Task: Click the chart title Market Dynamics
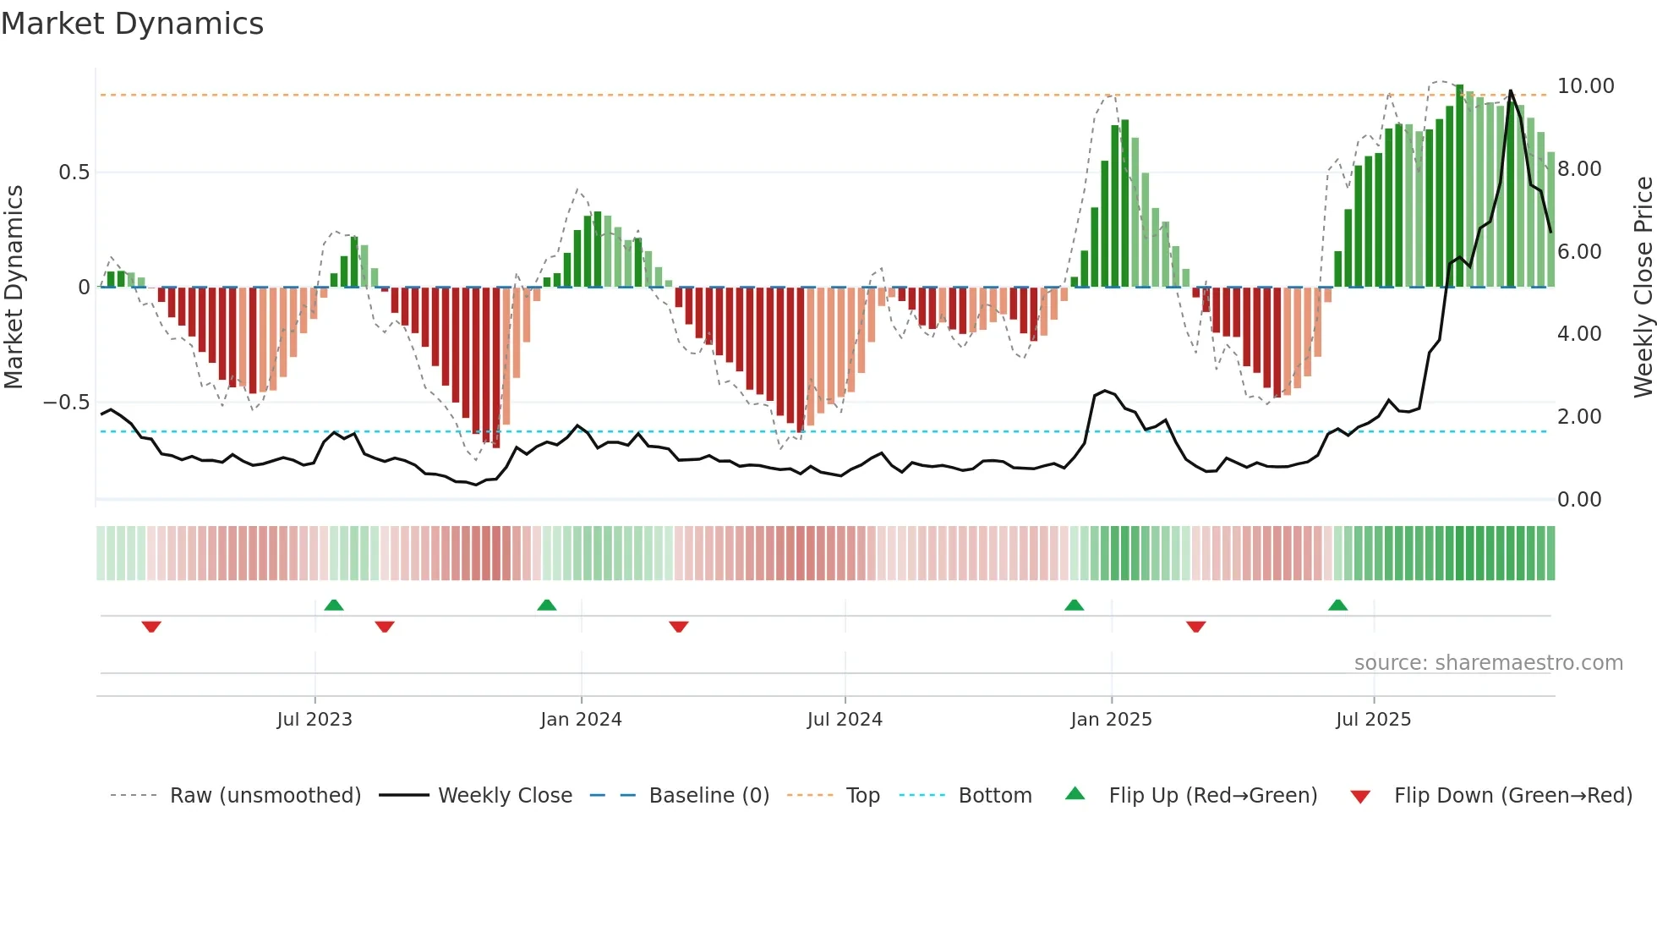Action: coord(132,24)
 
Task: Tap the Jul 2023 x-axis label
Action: coord(314,720)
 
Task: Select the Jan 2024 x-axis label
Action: coord(581,720)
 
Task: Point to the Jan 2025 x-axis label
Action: coord(1111,720)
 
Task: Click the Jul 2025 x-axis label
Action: coord(1373,720)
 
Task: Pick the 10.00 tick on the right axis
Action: coord(1585,86)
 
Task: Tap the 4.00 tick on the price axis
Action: coord(1578,334)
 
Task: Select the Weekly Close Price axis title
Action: coord(1643,287)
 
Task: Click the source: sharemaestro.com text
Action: coord(1488,663)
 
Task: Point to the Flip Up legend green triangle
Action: coord(1075,793)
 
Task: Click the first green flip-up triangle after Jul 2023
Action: coord(334,605)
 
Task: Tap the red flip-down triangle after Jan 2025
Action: coord(1195,627)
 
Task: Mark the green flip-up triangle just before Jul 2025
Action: coord(1337,605)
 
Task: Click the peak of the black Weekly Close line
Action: coord(1511,91)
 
